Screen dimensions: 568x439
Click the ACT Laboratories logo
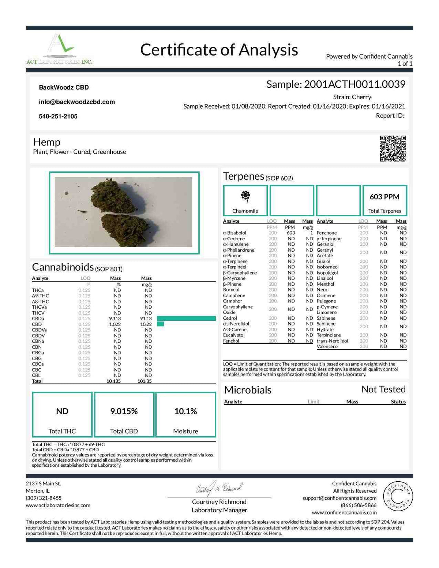[59, 49]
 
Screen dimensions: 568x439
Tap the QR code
[393, 148]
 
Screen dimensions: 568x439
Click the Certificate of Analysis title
[219, 50]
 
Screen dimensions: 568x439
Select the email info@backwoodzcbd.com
[77, 102]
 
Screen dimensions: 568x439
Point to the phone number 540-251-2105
[58, 116]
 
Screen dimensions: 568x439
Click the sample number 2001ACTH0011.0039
[354, 84]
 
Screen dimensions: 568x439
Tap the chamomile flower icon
[245, 196]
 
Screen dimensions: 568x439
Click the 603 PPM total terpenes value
[384, 197]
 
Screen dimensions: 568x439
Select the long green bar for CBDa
[186, 319]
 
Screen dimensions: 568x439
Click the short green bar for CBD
[160, 324]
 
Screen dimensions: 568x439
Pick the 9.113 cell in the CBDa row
[115, 319]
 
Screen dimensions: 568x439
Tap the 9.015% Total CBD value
[124, 411]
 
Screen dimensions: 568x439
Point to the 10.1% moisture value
[185, 411]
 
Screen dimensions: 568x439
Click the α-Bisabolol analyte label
[234, 233]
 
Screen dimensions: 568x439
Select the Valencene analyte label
[327, 346]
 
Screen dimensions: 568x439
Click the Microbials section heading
[248, 390]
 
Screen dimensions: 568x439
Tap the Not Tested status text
[383, 389]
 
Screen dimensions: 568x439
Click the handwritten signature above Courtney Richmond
[219, 488]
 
